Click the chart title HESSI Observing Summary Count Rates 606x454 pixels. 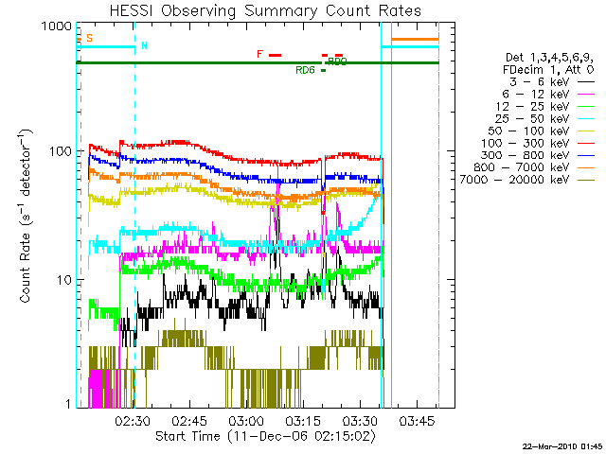pyautogui.click(x=258, y=10)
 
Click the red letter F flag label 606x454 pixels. pyautogui.click(x=259, y=54)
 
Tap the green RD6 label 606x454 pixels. pyautogui.click(x=305, y=70)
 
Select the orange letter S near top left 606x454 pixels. pyautogui.click(x=89, y=38)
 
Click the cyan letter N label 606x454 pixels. pyautogui.click(x=144, y=45)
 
